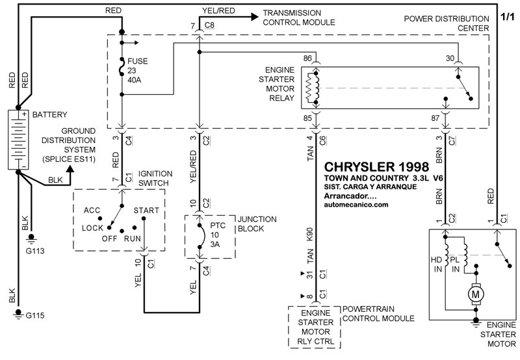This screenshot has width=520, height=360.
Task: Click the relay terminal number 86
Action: point(309,58)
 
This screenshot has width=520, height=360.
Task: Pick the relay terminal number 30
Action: point(450,58)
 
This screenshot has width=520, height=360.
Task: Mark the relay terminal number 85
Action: point(308,118)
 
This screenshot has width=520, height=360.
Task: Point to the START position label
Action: point(146,211)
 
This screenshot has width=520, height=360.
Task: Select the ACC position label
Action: point(92,211)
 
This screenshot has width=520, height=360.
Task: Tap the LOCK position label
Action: point(93,228)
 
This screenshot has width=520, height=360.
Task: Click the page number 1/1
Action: point(508,14)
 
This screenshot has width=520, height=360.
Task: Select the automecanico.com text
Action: point(355,204)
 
